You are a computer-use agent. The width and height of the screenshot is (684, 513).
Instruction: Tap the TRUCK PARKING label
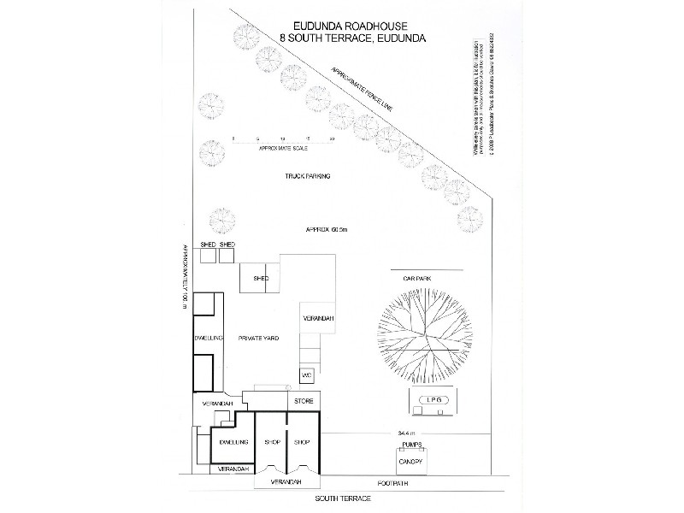(308, 177)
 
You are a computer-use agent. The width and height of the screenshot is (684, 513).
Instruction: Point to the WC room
(307, 374)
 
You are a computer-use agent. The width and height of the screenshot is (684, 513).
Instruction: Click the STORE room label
(304, 400)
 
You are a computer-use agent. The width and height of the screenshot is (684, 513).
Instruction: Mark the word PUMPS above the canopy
(406, 445)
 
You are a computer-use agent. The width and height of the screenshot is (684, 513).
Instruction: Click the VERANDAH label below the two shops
(286, 482)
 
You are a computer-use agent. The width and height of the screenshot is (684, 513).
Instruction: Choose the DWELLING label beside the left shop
(233, 442)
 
